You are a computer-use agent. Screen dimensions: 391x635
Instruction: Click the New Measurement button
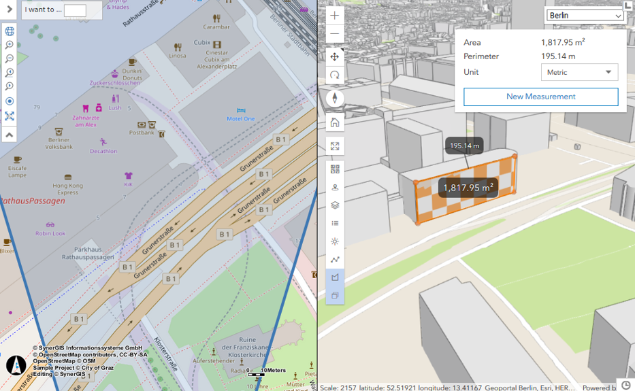point(541,97)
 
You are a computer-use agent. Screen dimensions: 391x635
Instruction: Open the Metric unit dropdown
point(579,72)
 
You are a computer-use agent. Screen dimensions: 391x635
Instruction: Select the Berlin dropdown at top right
point(585,15)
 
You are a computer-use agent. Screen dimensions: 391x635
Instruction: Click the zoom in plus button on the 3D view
point(335,16)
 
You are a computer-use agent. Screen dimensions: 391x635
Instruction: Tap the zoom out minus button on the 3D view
point(335,33)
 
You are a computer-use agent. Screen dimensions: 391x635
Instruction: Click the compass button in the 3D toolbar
point(335,99)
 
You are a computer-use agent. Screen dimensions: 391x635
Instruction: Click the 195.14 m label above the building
point(465,146)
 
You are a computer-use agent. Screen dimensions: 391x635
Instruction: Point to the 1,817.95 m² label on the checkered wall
point(468,188)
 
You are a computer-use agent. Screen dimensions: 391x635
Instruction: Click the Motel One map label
point(240,118)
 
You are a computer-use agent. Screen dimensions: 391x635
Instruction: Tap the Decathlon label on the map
point(103,151)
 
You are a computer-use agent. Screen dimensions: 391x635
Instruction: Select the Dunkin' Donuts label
point(132,75)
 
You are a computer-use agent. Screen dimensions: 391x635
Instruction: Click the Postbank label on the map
point(142,133)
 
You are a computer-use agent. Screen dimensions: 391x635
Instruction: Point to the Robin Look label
point(51,233)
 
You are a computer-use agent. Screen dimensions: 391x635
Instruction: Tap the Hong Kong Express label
point(67,188)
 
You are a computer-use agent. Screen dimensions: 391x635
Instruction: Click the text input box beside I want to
point(75,10)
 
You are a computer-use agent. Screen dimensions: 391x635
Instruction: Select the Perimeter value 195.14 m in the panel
point(558,56)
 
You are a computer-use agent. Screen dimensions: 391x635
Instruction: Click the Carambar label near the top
point(216,27)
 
